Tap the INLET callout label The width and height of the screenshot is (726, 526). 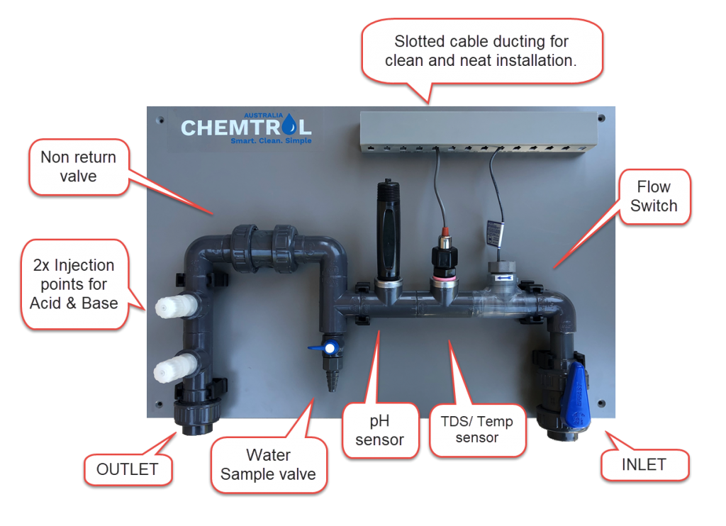pyautogui.click(x=644, y=465)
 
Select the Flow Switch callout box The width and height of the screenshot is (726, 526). pyautogui.click(x=653, y=196)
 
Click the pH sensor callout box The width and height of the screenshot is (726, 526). pyautogui.click(x=379, y=430)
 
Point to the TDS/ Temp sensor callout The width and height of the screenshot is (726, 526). pyautogui.click(x=476, y=430)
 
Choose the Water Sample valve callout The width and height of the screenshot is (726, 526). pyautogui.click(x=268, y=465)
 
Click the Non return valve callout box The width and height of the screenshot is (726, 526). pyautogui.click(x=78, y=166)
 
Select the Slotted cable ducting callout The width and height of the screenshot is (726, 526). pyautogui.click(x=481, y=51)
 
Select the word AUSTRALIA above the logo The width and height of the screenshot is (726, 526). pyautogui.click(x=264, y=114)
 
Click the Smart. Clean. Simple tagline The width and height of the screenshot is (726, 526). pyautogui.click(x=271, y=140)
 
